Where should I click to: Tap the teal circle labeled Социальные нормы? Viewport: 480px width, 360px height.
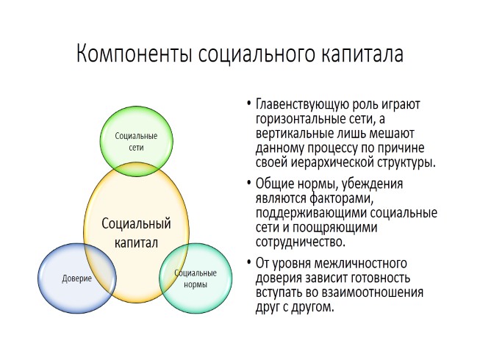coord(195,278)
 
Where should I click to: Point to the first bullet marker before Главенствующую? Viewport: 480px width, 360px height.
coord(249,105)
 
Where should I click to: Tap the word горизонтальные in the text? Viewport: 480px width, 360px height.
coord(295,120)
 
